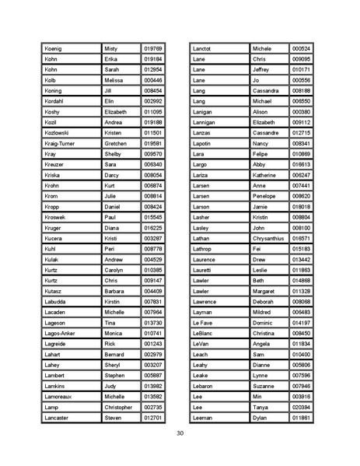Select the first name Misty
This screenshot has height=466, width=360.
[x=114, y=48]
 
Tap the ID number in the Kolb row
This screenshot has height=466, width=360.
[x=153, y=80]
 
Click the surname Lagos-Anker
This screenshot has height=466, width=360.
[x=61, y=333]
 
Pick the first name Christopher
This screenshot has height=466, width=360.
[x=119, y=407]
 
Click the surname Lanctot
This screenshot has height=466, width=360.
[x=204, y=48]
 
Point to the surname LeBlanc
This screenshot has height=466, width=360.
[x=203, y=333]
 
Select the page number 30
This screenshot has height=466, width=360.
[x=180, y=433]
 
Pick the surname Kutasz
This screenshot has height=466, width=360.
[x=54, y=291]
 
